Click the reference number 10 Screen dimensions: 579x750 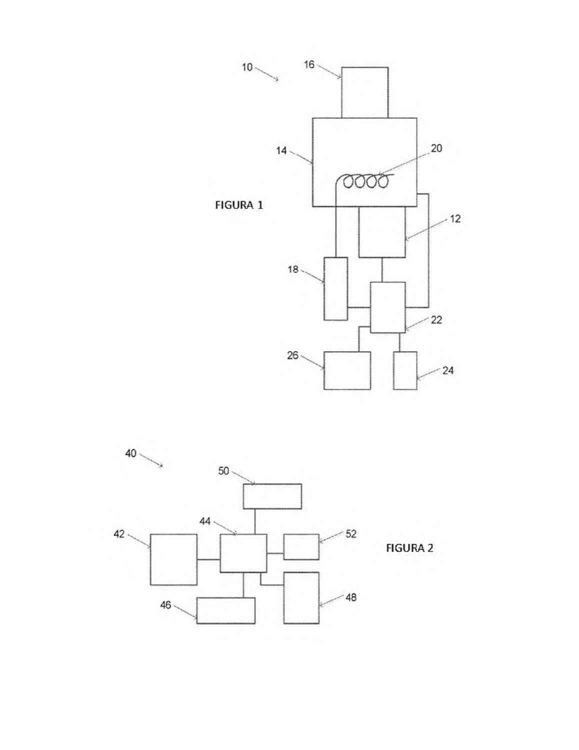pyautogui.click(x=247, y=67)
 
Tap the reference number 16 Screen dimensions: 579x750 pyautogui.click(x=309, y=64)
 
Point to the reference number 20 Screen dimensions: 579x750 pyautogui.click(x=436, y=148)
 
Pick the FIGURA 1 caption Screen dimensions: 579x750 pyautogui.click(x=239, y=205)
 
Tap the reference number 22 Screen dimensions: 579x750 pyautogui.click(x=436, y=320)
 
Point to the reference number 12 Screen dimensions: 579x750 pyautogui.click(x=455, y=219)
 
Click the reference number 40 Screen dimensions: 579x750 pyautogui.click(x=131, y=453)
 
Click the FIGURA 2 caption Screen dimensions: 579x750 pyautogui.click(x=409, y=547)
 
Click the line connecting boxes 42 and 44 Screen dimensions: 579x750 pyautogui.click(x=209, y=559)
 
